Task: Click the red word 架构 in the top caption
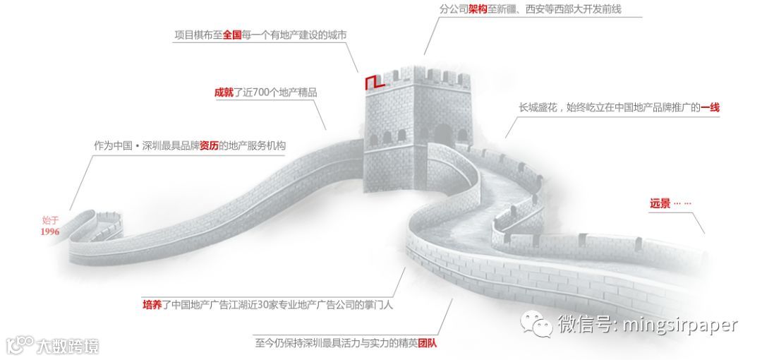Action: (478, 10)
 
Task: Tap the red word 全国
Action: (232, 35)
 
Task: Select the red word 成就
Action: (224, 92)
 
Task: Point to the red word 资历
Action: (208, 146)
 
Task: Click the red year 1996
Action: (49, 232)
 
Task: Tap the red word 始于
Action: (49, 220)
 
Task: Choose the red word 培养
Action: (152, 305)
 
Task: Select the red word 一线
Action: (710, 107)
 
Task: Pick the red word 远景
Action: (660, 203)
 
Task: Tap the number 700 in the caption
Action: (270, 92)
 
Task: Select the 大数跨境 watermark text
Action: (67, 346)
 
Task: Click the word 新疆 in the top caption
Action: (507, 10)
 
